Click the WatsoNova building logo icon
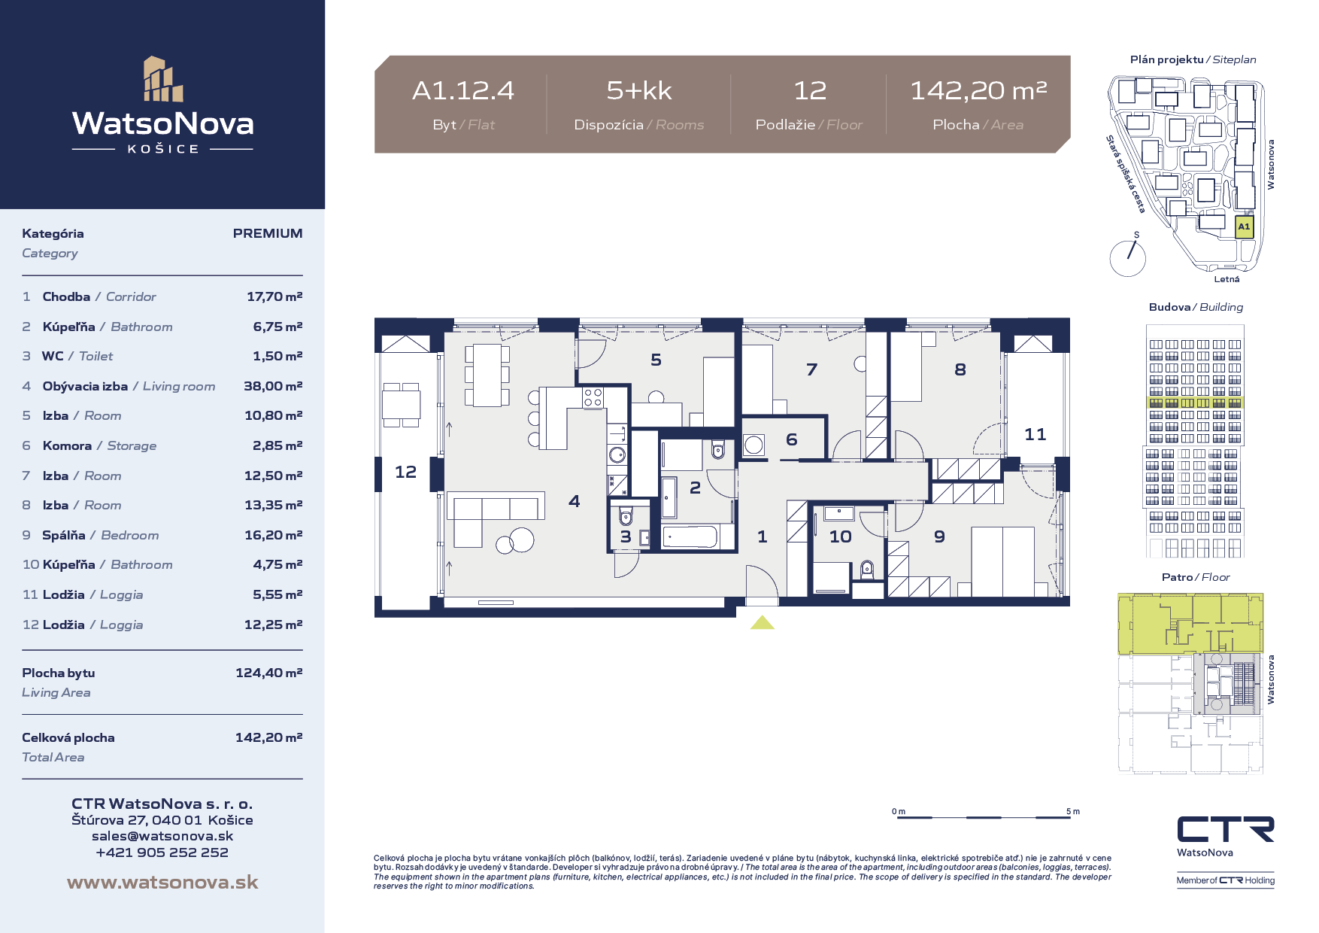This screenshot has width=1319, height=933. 163,79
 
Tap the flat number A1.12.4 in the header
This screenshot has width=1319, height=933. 463,91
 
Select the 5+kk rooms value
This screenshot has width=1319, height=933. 639,91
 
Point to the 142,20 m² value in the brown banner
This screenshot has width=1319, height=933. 978,91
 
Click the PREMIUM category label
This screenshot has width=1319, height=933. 268,233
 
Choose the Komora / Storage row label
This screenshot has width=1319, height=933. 99,445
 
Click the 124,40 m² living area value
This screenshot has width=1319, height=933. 269,673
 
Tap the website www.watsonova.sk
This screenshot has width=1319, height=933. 162,882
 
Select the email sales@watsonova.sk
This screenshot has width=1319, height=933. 162,836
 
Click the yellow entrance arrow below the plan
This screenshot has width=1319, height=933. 763,622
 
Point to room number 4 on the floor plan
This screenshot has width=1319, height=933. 575,501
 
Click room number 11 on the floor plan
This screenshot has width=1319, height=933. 1035,434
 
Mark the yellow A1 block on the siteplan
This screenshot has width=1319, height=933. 1245,226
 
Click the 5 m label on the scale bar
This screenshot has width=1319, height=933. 1073,811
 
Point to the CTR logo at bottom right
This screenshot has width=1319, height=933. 1226,829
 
